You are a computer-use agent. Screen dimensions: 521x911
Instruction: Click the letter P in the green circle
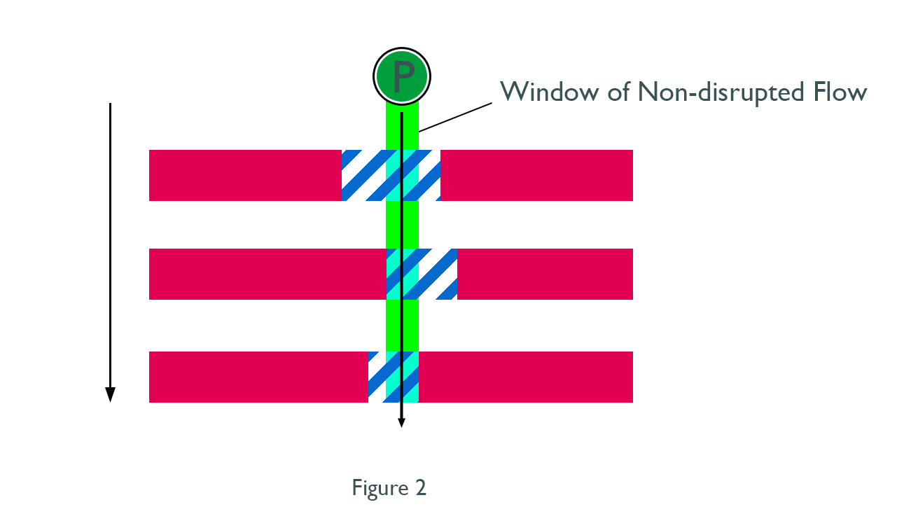[402, 76]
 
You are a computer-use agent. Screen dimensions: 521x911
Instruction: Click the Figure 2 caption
[389, 487]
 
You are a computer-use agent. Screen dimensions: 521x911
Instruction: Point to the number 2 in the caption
[420, 487]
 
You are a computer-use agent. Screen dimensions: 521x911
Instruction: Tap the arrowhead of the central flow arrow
[401, 422]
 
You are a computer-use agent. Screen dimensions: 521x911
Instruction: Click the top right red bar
[536, 175]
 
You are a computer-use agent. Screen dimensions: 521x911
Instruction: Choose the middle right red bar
[545, 274]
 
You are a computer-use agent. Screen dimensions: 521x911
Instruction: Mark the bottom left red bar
[258, 377]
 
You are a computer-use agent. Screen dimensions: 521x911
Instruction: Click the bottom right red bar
[525, 377]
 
